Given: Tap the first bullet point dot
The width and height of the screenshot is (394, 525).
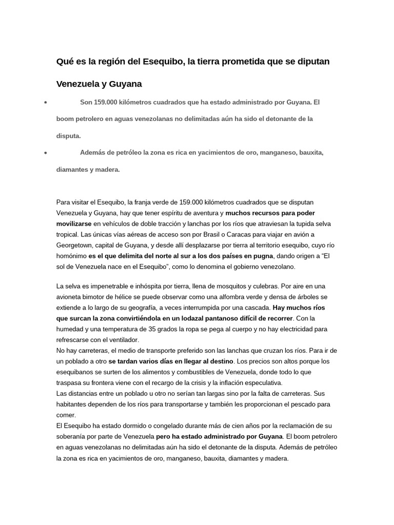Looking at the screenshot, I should pos(46,103).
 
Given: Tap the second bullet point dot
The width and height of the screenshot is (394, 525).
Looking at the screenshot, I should pos(46,153).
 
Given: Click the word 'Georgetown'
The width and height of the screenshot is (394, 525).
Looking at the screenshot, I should pos(75,246).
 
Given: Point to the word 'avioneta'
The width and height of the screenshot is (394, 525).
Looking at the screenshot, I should pos(70,296).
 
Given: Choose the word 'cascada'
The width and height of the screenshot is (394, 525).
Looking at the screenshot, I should pos(253,307).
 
